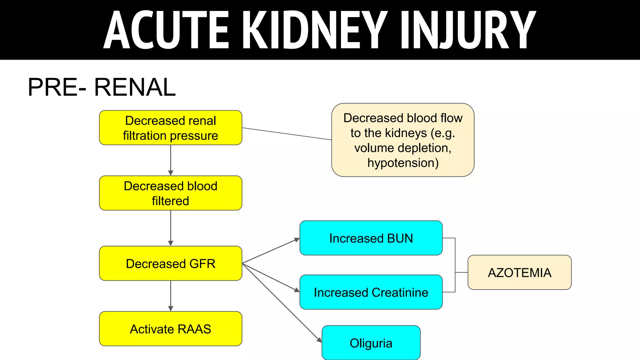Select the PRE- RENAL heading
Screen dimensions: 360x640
tap(102, 87)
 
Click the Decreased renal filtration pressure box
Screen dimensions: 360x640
tap(170, 128)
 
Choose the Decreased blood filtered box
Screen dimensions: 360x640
tap(170, 193)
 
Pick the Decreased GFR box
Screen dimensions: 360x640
tap(170, 263)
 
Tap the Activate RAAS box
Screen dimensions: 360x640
tap(170, 329)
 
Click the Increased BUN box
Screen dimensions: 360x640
tap(371, 238)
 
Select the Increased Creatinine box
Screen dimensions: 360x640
tap(371, 292)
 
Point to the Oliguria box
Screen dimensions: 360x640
tap(371, 343)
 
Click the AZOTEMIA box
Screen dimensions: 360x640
tap(519, 272)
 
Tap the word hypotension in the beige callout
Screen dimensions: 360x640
tap(403, 163)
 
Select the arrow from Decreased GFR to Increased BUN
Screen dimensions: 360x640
tap(271, 251)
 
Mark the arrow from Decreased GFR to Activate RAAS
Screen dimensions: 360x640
tap(171, 296)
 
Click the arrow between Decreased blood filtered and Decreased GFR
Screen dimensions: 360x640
tap(171, 228)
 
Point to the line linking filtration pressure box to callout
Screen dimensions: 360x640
tap(287, 134)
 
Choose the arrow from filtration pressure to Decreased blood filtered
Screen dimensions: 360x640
tap(171, 160)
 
